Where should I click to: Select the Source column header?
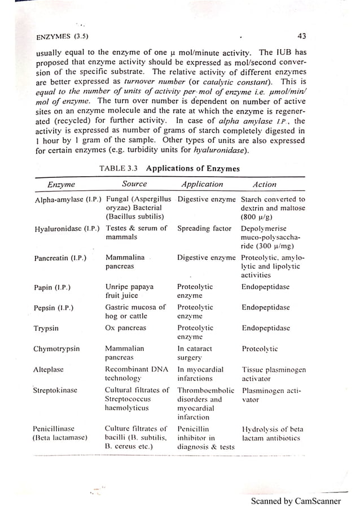coord(134,184)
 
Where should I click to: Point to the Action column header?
coord(265,185)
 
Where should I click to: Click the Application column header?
coord(202,185)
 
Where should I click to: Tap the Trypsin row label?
coord(47,328)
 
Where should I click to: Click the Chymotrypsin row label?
coord(57,348)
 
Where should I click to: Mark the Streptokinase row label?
coord(55,390)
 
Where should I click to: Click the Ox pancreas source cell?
coord(125,328)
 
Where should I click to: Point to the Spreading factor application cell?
coord(204,229)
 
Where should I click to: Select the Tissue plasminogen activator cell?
coord(274,374)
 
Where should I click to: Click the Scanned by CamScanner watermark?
coord(296,501)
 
